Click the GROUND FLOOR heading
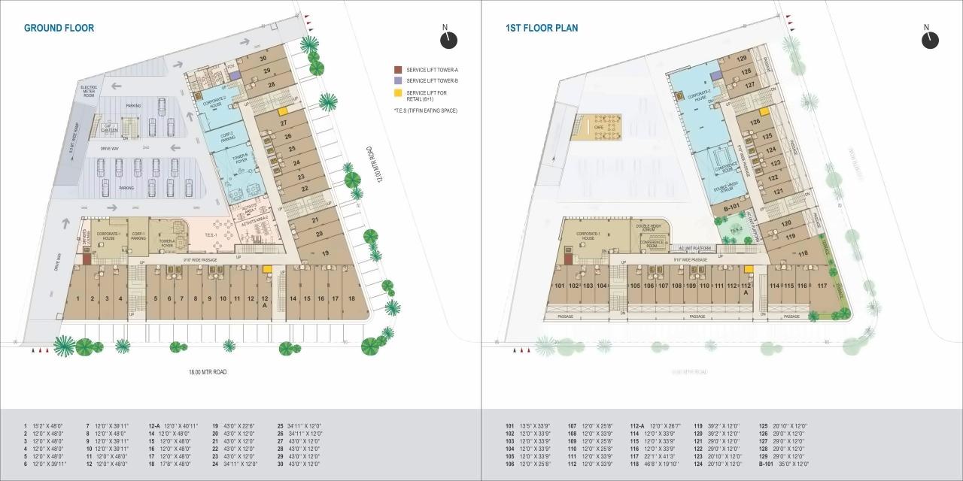[59, 28]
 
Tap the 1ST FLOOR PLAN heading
[542, 28]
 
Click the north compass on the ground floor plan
[449, 39]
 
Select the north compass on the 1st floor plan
[930, 39]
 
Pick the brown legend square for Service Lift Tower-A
[399, 69]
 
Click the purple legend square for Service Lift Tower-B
[399, 80]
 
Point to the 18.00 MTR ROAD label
[207, 372]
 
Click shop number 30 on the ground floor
[263, 58]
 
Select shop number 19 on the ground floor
[326, 254]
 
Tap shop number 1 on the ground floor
[77, 298]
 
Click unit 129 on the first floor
[742, 59]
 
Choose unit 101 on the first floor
[559, 286]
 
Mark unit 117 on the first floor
[822, 286]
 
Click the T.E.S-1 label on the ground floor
[211, 234]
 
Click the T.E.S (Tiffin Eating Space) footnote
[425, 110]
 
